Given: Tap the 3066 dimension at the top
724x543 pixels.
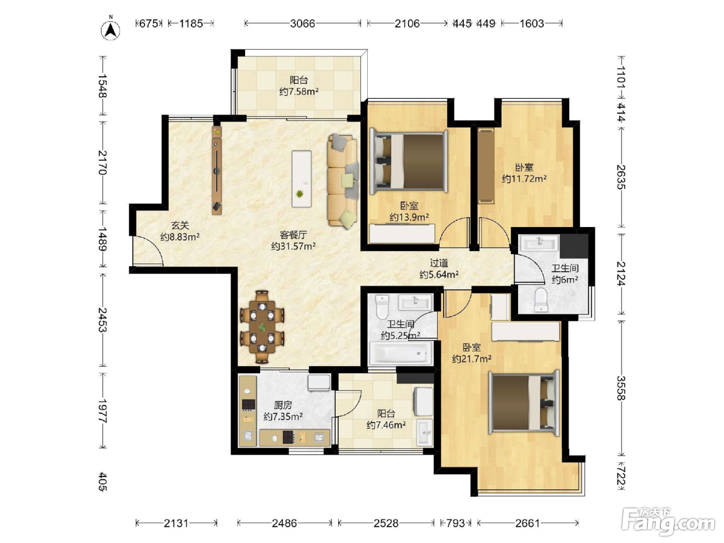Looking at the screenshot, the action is (303, 23).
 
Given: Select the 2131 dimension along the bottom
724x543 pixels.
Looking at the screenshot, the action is (176, 523).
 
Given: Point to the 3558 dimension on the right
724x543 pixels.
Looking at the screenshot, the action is (621, 388).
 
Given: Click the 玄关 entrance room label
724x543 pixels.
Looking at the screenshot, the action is (180, 225).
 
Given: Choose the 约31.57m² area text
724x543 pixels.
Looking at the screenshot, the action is (293, 246).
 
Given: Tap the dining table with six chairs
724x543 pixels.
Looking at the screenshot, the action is (262, 326).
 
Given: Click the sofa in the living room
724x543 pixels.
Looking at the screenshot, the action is (343, 180).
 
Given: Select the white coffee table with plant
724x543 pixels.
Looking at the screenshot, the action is (301, 179).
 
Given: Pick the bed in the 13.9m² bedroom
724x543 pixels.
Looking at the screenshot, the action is (409, 162).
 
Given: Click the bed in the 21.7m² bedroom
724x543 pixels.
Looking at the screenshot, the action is (524, 403).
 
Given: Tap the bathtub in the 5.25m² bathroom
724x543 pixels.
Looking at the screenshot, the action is (400, 353).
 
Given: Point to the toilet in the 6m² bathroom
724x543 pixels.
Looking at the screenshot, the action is (541, 300).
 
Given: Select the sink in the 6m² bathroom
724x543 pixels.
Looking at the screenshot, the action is (539, 243).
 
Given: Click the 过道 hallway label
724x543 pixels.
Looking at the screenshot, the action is (439, 263).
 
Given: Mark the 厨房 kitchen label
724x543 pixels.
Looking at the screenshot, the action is (283, 405).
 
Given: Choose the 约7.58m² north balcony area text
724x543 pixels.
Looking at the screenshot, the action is (299, 92).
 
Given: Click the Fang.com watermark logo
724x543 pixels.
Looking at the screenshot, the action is (668, 522).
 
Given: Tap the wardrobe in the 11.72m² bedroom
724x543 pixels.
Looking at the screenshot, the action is (486, 166).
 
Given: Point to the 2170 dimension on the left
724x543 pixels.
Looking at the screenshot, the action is (103, 162).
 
